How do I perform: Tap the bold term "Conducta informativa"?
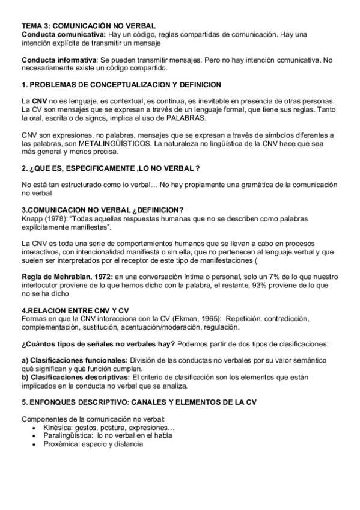59,60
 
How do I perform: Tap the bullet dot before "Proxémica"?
36,444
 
